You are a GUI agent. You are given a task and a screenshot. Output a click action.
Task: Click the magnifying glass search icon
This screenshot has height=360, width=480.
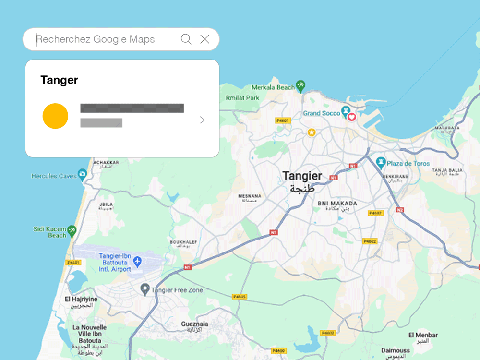click(186, 39)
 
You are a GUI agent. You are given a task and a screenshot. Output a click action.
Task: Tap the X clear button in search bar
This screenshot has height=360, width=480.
click(205, 39)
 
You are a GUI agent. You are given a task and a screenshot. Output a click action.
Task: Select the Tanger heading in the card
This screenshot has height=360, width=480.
click(60, 80)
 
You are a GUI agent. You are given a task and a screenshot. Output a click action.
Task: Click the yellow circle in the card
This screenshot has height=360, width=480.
click(55, 116)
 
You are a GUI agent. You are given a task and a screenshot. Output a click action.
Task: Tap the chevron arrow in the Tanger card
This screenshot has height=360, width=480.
click(203, 120)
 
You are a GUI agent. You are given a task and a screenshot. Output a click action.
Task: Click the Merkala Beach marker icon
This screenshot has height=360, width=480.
click(301, 86)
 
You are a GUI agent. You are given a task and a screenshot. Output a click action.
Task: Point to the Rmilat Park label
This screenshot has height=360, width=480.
click(242, 98)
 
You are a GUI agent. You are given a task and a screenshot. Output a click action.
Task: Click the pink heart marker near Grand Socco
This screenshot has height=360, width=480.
click(352, 117)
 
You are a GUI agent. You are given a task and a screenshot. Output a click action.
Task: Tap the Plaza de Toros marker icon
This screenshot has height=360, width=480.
click(381, 162)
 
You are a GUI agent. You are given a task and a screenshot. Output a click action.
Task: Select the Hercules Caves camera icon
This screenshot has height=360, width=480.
click(83, 174)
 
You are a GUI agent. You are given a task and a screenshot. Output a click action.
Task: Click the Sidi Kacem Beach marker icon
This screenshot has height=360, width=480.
click(72, 231)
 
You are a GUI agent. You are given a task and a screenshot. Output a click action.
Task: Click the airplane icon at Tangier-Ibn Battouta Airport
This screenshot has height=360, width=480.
click(138, 262)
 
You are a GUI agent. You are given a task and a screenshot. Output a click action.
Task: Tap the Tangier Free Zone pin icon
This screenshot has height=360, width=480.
click(145, 289)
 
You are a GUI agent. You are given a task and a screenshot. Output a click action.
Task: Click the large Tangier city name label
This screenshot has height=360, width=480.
click(302, 176)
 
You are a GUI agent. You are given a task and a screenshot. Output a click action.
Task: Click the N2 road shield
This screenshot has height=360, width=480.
click(400, 210)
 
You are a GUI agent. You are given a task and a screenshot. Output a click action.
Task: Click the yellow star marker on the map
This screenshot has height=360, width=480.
click(312, 132)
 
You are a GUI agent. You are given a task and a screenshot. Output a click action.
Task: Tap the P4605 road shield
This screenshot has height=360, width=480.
click(239, 297)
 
